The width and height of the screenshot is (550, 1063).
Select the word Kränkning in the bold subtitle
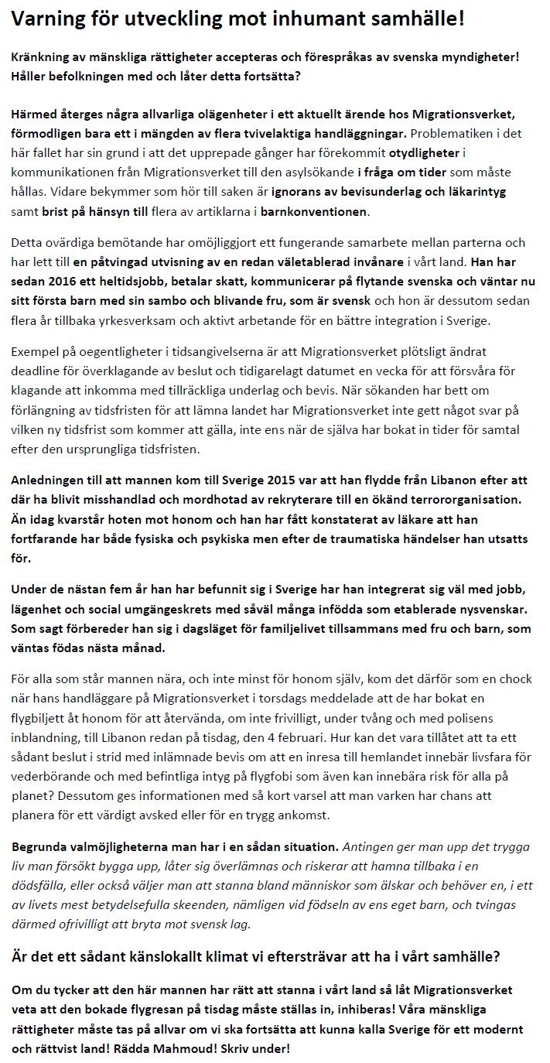(x=43, y=56)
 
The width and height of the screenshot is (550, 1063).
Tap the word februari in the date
(x=376, y=739)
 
